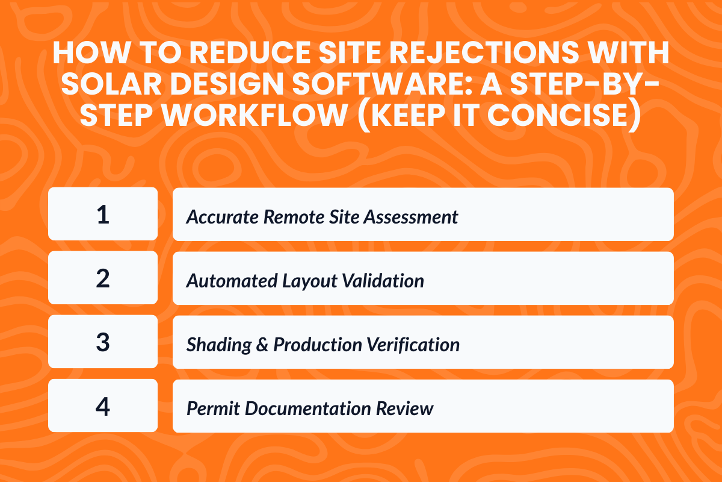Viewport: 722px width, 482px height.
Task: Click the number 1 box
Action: pos(103,214)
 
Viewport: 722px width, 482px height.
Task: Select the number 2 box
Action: pos(103,278)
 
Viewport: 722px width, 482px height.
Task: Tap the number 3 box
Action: pos(103,342)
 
